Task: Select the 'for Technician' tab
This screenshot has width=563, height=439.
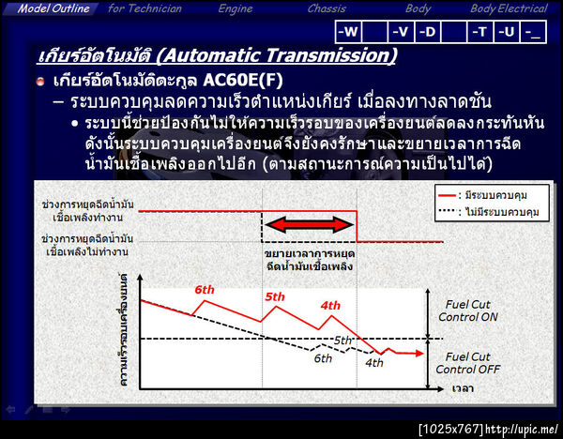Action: pos(144,8)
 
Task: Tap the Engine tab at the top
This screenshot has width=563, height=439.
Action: pos(235,8)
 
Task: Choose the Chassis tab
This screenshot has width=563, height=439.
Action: pos(327,8)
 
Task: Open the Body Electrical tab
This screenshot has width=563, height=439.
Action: pos(509,8)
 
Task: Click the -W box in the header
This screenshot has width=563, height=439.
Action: pos(348,32)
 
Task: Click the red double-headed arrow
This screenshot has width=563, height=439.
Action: pos(309,225)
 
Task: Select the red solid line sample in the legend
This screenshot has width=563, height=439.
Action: pos(450,194)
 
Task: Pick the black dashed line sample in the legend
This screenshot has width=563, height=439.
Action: pos(450,212)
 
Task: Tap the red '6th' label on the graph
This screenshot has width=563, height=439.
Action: pos(205,290)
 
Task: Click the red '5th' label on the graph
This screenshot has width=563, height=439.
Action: pos(275,297)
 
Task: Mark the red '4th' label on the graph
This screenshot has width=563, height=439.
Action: pos(330,306)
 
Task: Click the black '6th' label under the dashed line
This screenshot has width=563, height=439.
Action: pos(322,358)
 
